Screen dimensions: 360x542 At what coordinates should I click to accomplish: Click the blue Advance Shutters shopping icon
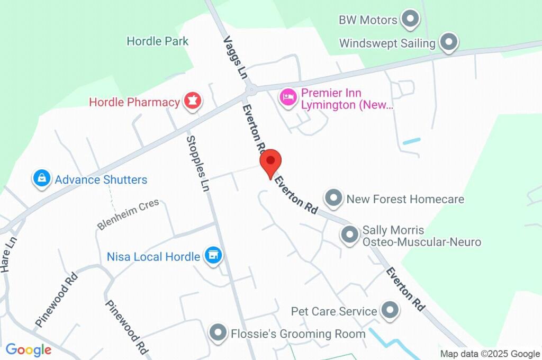pyautogui.click(x=41, y=179)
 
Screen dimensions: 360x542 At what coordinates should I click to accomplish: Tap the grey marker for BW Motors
pyautogui.click(x=409, y=20)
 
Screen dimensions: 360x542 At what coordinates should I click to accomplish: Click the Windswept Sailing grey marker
pyautogui.click(x=449, y=43)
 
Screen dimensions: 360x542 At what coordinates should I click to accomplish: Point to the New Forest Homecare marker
pyautogui.click(x=333, y=199)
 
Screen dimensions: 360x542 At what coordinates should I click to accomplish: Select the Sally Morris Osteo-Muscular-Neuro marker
pyautogui.click(x=349, y=235)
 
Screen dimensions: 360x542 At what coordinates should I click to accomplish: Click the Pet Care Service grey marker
pyautogui.click(x=390, y=311)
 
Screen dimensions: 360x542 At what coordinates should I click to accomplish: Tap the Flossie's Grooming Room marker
pyautogui.click(x=218, y=334)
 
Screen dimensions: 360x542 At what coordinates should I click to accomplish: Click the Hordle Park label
pyautogui.click(x=158, y=41)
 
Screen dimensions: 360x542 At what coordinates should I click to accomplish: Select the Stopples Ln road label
pyautogui.click(x=197, y=163)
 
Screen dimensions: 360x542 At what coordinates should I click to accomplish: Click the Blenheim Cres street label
pyautogui.click(x=128, y=215)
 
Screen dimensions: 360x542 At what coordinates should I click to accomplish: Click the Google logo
pyautogui.click(x=29, y=349)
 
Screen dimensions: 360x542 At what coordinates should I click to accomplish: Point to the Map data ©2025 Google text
pyautogui.click(x=490, y=354)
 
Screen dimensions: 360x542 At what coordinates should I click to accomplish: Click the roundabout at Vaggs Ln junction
pyautogui.click(x=250, y=90)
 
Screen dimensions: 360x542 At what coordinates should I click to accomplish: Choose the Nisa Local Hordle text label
pyautogui.click(x=153, y=257)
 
